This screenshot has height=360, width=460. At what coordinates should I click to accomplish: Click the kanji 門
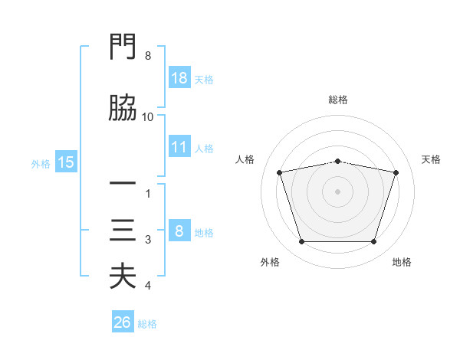[x=123, y=46]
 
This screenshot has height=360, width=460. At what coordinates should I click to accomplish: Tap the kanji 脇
[x=123, y=107]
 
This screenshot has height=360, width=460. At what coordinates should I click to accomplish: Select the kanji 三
[x=123, y=230]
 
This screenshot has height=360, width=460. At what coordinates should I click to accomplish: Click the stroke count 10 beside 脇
[x=147, y=117]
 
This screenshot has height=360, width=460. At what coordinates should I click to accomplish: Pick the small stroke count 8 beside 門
[x=148, y=56]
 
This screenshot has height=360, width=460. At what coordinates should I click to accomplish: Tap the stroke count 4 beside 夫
[x=148, y=286]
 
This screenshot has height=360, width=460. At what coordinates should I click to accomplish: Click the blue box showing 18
[x=179, y=77]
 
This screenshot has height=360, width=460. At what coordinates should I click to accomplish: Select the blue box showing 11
[x=179, y=146]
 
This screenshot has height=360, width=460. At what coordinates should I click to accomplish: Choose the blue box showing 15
[x=66, y=162]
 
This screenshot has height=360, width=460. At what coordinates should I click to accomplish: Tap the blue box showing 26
[x=123, y=321]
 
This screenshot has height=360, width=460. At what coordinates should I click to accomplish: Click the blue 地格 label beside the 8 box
[x=204, y=233]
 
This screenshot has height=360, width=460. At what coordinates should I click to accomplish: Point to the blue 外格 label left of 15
[x=41, y=164]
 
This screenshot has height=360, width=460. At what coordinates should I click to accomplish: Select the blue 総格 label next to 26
[x=147, y=324]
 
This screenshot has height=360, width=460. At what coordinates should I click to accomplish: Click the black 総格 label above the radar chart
[x=338, y=100]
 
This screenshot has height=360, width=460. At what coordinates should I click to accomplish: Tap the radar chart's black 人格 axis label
[x=245, y=159]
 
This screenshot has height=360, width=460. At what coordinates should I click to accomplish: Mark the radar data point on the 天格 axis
[x=396, y=172]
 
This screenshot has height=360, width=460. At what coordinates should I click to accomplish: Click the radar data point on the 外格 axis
[x=302, y=241]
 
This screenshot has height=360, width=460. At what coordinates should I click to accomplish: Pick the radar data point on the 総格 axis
[x=337, y=162]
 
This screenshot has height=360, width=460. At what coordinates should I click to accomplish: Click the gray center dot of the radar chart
[x=337, y=191]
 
